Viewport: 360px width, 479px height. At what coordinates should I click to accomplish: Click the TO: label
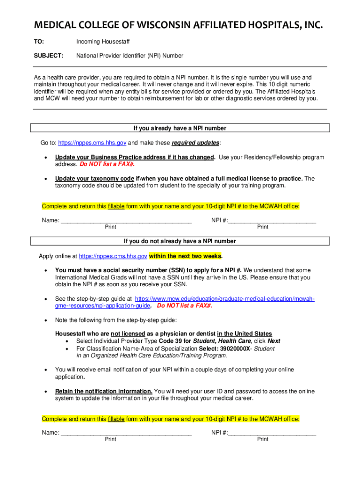click(39, 42)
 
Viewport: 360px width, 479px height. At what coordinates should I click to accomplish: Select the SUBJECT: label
click(49, 56)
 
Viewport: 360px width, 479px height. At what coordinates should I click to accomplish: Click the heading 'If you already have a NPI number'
click(180, 128)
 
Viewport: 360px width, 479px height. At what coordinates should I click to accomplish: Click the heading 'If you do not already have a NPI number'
click(180, 241)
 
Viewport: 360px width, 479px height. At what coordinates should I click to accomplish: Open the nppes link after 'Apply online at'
click(113, 256)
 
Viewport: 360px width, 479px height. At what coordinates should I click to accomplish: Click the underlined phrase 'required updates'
click(195, 142)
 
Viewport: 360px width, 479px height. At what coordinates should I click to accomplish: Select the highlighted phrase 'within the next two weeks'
click(186, 256)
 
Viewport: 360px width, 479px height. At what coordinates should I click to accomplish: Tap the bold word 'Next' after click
click(274, 341)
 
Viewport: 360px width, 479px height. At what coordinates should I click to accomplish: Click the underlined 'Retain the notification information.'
click(104, 391)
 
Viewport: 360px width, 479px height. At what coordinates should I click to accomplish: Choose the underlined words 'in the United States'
click(245, 334)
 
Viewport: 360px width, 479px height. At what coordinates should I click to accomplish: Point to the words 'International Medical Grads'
click(89, 277)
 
